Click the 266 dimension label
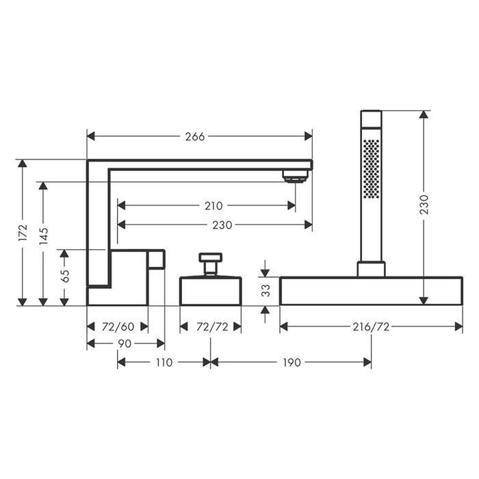pos(195,136)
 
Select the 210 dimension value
pos(213,205)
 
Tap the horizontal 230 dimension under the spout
pos(222,225)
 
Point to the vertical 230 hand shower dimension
pos(424,204)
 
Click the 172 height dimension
pos(23,233)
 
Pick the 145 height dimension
pos(43,236)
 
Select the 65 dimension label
pos(64,276)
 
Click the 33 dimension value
pos(266,290)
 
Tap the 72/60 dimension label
pos(118,327)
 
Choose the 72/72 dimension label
pos(212,327)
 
